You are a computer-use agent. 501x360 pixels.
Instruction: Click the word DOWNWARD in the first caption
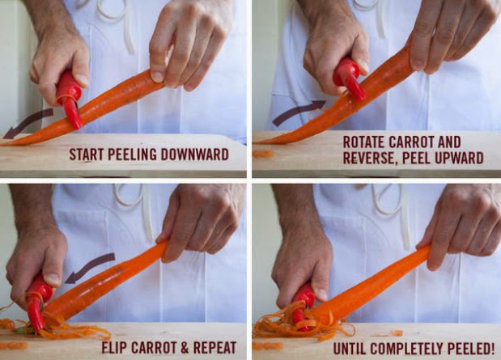click(194, 155)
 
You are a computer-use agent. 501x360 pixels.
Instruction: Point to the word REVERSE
click(371, 158)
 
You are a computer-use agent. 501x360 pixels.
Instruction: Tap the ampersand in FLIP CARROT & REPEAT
click(185, 348)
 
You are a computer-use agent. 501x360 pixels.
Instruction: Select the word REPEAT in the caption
click(214, 348)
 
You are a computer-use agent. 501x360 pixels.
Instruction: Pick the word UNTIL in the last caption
click(350, 349)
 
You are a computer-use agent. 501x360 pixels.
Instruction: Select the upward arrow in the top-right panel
click(299, 112)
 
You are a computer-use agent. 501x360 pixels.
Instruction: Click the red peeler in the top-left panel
click(70, 100)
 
